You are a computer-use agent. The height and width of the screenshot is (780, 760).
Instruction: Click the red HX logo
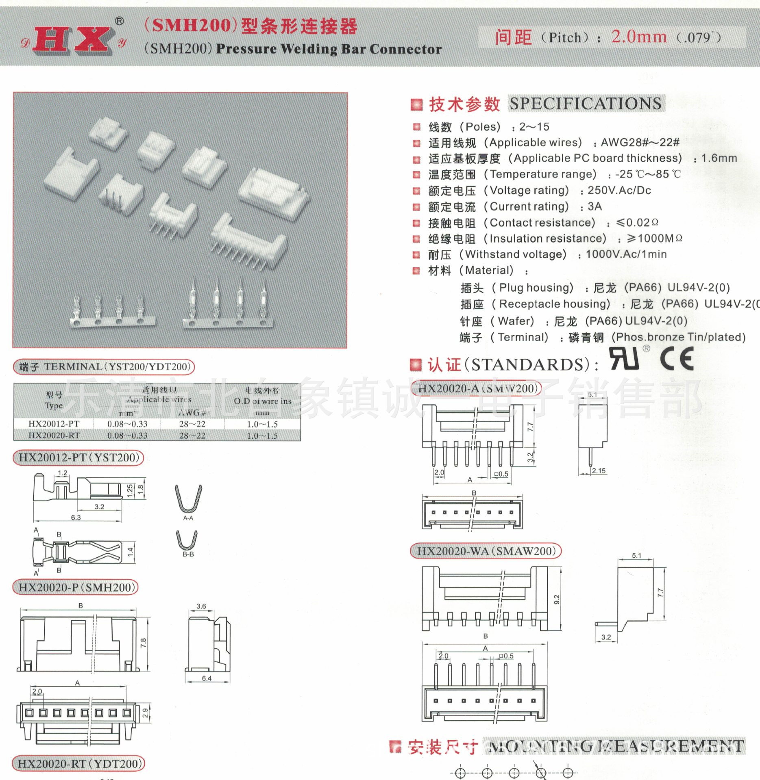[73, 40]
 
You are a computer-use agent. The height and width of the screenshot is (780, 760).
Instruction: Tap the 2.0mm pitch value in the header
[639, 37]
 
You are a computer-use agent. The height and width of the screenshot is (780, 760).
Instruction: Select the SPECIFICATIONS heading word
[586, 104]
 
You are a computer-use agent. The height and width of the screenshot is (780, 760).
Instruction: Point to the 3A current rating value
[594, 206]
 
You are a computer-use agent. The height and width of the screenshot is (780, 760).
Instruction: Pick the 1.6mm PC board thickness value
[719, 158]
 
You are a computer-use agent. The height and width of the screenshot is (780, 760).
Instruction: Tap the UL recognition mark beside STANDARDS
[624, 358]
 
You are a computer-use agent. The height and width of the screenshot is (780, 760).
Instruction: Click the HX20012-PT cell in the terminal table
[54, 424]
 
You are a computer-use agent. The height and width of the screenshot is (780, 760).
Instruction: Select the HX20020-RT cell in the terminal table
[54, 435]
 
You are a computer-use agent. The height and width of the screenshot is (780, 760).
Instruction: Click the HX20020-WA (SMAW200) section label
[486, 551]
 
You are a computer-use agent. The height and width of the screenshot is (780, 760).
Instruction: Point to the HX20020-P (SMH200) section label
[76, 587]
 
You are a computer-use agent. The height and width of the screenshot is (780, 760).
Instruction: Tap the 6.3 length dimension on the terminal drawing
[76, 518]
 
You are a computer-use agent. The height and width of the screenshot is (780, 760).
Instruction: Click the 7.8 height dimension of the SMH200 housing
[143, 643]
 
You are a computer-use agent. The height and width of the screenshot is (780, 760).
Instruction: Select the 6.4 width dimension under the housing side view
[207, 678]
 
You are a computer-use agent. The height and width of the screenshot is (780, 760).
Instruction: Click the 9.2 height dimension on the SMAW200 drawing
[557, 599]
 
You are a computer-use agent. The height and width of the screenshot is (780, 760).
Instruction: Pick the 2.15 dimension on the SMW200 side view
[599, 470]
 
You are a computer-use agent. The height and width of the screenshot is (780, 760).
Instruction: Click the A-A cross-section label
[188, 518]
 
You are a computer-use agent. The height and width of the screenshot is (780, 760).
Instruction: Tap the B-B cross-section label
[188, 554]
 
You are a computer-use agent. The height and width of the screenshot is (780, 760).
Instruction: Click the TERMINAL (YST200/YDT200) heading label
[105, 367]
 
